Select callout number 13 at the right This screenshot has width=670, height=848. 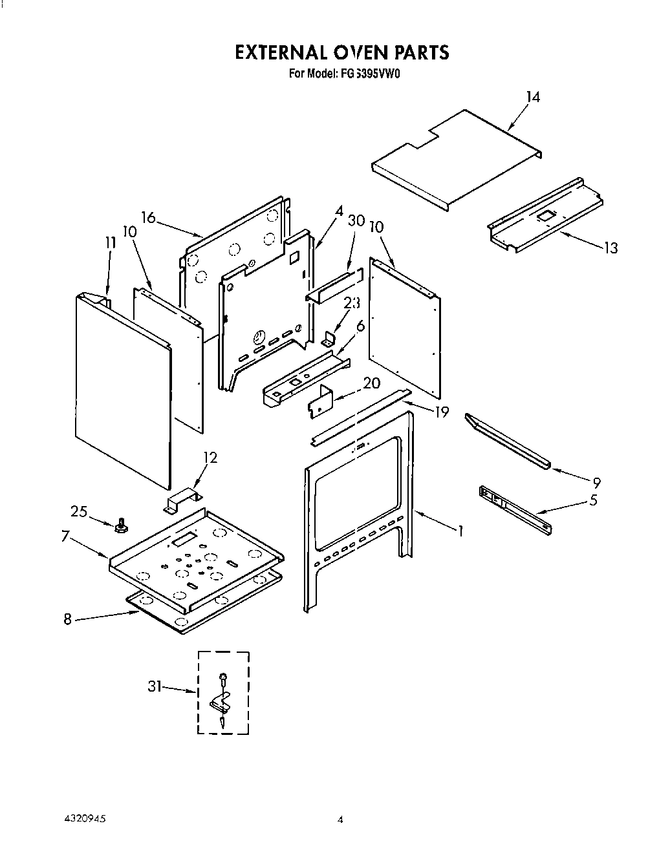click(x=610, y=248)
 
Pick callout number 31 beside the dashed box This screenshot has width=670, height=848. click(x=155, y=686)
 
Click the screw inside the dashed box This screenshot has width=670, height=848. click(x=223, y=678)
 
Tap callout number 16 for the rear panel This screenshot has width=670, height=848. click(x=149, y=217)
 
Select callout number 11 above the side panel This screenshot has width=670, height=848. click(x=110, y=243)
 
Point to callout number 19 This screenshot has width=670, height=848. click(x=441, y=412)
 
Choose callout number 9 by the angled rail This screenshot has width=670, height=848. click(x=596, y=482)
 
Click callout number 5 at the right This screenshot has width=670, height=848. click(x=593, y=500)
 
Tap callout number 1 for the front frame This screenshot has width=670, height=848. click(x=460, y=531)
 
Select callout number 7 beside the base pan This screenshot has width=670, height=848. click(x=66, y=536)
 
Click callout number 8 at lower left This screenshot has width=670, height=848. click(x=67, y=619)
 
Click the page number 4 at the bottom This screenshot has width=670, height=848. click(x=340, y=820)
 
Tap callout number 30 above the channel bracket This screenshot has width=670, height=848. click(x=356, y=220)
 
